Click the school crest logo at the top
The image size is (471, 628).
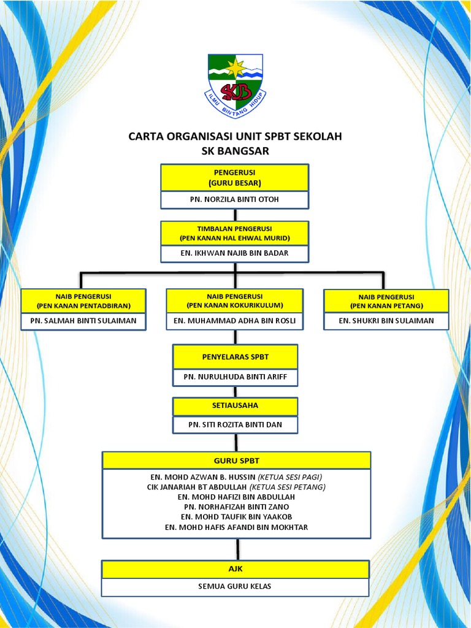[235, 85]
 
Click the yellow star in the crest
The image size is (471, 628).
[235, 67]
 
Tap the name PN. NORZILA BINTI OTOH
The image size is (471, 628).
[235, 199]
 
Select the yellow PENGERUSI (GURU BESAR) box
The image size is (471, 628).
[235, 178]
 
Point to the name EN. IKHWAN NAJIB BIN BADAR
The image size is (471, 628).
[235, 253]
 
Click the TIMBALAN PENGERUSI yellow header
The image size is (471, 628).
[235, 233]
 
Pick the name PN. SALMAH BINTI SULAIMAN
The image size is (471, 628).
[83, 321]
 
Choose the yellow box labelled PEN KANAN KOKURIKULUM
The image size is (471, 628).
[235, 301]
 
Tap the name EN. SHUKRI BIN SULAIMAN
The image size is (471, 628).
[386, 321]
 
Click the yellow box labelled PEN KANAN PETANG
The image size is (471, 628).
[386, 301]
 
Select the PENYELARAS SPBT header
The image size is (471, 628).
[235, 356]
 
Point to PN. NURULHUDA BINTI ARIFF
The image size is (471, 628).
[235, 377]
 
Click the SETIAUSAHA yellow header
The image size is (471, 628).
[235, 406]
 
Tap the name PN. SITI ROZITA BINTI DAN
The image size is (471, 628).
[235, 424]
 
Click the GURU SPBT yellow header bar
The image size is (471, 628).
[236, 460]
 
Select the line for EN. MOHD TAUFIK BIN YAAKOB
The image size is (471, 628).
[236, 517]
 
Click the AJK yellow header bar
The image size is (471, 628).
[236, 569]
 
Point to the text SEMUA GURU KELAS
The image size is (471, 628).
[236, 587]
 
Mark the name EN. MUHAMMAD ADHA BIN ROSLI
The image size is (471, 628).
[235, 321]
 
